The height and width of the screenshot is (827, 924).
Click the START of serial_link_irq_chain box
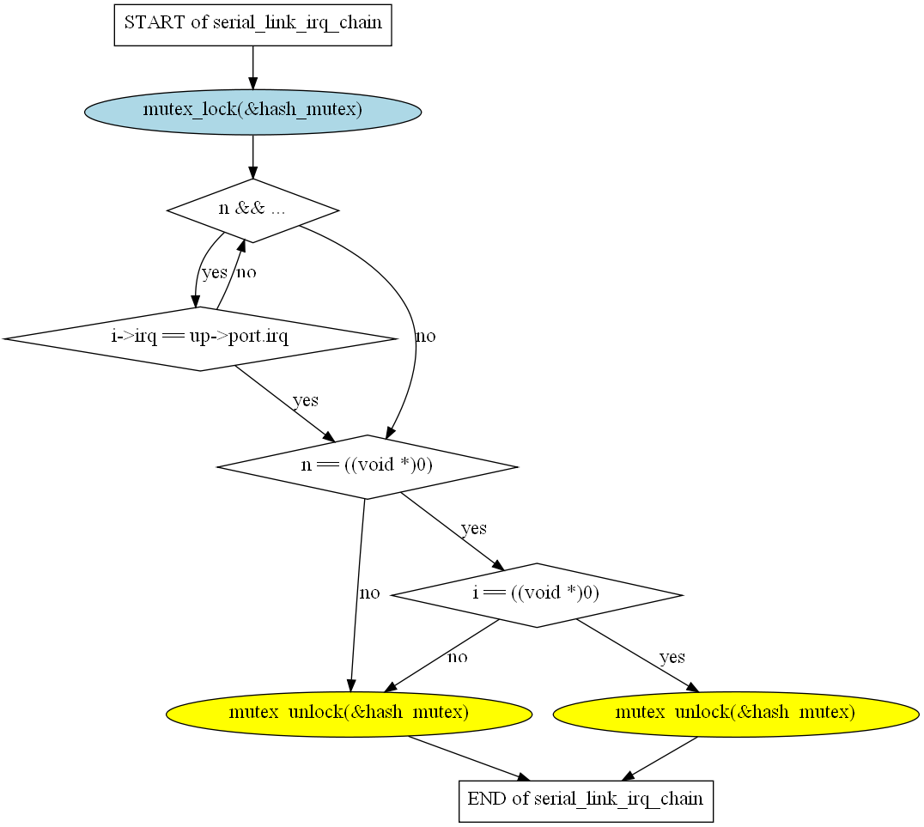pyautogui.click(x=252, y=23)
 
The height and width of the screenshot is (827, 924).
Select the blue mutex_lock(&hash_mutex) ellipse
pyautogui.click(x=252, y=112)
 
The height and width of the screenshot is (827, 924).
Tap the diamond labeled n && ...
pyautogui.click(x=252, y=210)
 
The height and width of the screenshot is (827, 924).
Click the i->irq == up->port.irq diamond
pyautogui.click(x=199, y=337)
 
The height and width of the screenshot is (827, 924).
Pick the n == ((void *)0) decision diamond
pyautogui.click(x=367, y=466)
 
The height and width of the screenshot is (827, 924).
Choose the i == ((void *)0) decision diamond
pyautogui.click(x=536, y=594)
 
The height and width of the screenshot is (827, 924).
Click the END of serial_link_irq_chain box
pyautogui.click(x=585, y=800)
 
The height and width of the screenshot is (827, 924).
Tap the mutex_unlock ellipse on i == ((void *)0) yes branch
pyautogui.click(x=736, y=713)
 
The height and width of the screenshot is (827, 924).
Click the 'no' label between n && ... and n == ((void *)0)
pyautogui.click(x=425, y=337)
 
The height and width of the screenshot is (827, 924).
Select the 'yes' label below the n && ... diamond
pyautogui.click(x=214, y=273)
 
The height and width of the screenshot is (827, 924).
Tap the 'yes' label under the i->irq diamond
pyautogui.click(x=306, y=401)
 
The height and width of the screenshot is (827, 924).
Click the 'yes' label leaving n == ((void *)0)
pyautogui.click(x=473, y=529)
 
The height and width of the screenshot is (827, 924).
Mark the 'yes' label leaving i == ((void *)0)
pyautogui.click(x=672, y=658)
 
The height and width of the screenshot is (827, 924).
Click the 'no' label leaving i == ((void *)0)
pyautogui.click(x=458, y=658)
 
